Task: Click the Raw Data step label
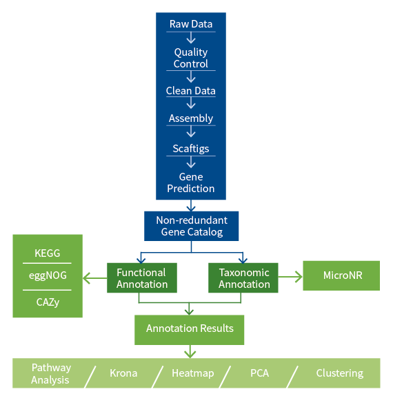click(191, 24)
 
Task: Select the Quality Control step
click(191, 58)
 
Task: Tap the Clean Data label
click(191, 91)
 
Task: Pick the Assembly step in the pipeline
click(191, 118)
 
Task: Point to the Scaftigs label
click(191, 148)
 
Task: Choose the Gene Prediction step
click(191, 182)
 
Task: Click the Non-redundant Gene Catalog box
click(191, 226)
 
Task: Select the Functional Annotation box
click(141, 278)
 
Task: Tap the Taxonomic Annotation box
click(243, 278)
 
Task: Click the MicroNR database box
click(342, 275)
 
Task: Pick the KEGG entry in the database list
click(47, 253)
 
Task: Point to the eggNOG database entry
click(47, 276)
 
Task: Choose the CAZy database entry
click(47, 301)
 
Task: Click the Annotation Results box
click(190, 328)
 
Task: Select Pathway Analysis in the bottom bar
click(50, 373)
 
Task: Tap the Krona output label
click(123, 373)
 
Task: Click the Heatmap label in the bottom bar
click(192, 373)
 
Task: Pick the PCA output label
click(259, 373)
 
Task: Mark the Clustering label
click(339, 373)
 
